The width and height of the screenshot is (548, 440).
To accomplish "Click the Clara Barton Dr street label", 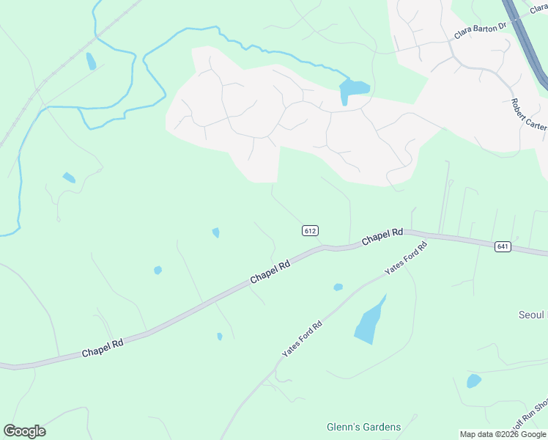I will click(481, 30).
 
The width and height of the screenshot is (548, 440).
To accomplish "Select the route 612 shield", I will click(310, 230).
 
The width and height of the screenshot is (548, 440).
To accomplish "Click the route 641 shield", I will click(502, 246).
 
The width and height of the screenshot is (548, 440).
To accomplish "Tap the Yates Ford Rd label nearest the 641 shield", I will click(406, 258).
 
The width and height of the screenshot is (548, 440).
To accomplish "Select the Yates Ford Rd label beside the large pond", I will click(302, 340).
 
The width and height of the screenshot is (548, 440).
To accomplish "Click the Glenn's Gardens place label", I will click(363, 427).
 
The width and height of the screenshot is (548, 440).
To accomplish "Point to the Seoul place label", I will click(533, 315).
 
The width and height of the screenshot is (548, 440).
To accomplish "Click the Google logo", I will click(24, 431).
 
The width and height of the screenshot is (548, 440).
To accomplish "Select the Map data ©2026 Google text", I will click(502, 434).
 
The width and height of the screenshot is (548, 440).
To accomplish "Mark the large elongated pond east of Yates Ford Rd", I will click(370, 321).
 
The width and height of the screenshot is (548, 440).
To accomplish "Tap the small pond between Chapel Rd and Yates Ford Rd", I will click(338, 287).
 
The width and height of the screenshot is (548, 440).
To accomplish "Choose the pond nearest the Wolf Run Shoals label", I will click(474, 381).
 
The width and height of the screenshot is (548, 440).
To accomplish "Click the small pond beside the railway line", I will click(91, 61).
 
